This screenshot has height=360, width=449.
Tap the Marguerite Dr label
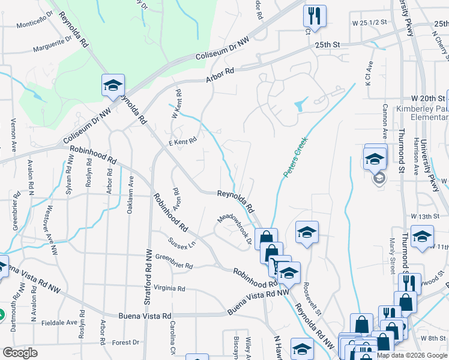(52, 46)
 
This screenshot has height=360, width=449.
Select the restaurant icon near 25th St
(315, 16)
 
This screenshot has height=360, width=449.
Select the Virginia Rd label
(168, 288)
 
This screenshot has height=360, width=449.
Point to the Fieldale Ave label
(60, 322)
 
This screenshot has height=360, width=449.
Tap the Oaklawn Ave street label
(130, 193)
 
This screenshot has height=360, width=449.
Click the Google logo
(20, 353)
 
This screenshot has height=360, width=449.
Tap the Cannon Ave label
(384, 121)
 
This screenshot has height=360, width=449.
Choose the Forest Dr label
(125, 343)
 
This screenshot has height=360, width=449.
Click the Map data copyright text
(411, 355)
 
